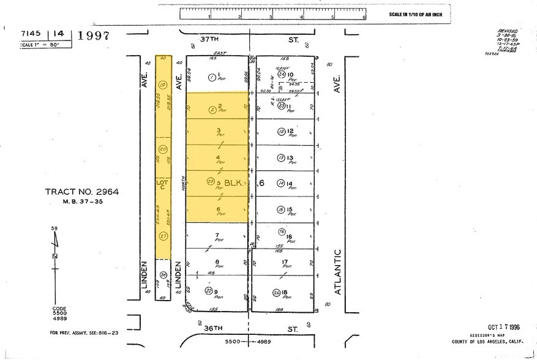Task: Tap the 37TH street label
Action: [x=209, y=39]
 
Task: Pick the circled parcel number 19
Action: [x=162, y=85]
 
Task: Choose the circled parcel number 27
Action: [x=163, y=236]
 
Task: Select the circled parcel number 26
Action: [x=276, y=292]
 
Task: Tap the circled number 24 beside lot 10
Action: [x=281, y=73]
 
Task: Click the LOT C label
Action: [x=163, y=184]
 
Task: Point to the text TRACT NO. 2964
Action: [x=81, y=192]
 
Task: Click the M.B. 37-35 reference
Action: [x=81, y=201]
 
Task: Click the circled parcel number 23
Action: [x=211, y=182]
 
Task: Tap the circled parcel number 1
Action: [x=211, y=77]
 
